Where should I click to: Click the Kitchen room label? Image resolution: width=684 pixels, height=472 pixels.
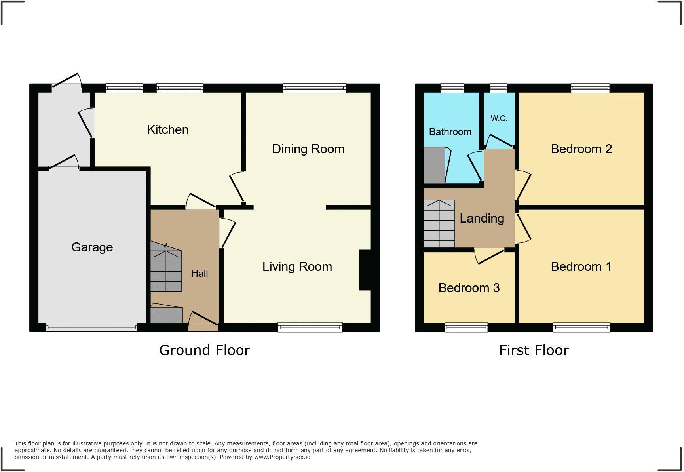(167, 129)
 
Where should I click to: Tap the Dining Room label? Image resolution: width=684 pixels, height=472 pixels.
(308, 149)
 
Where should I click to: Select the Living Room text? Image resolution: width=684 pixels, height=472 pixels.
(297, 266)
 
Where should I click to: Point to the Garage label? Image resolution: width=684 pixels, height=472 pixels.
(92, 247)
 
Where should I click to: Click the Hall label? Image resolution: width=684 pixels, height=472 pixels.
(199, 273)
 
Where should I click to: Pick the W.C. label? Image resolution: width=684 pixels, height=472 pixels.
(499, 118)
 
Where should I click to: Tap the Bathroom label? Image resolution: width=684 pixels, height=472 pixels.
(450, 132)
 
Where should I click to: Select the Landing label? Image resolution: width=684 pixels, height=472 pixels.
(482, 218)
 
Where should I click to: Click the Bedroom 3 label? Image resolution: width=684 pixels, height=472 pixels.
(469, 288)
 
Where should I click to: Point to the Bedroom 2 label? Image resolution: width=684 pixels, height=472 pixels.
(581, 149)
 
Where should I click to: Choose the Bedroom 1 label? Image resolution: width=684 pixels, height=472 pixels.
(581, 266)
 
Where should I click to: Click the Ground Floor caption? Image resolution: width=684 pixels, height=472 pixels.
(204, 350)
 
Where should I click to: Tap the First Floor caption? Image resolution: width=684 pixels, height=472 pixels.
(534, 350)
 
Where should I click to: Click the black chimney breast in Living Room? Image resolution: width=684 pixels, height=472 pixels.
(365, 270)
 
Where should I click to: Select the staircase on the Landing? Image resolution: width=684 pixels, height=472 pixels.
(439, 224)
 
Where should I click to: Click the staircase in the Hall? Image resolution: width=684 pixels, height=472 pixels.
(166, 269)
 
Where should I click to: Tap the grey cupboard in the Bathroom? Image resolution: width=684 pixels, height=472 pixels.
(434, 165)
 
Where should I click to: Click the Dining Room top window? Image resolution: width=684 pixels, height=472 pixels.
(315, 88)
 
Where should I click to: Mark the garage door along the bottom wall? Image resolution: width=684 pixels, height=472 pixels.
(91, 328)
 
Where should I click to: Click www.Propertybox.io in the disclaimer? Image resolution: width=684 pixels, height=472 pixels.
(282, 457)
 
